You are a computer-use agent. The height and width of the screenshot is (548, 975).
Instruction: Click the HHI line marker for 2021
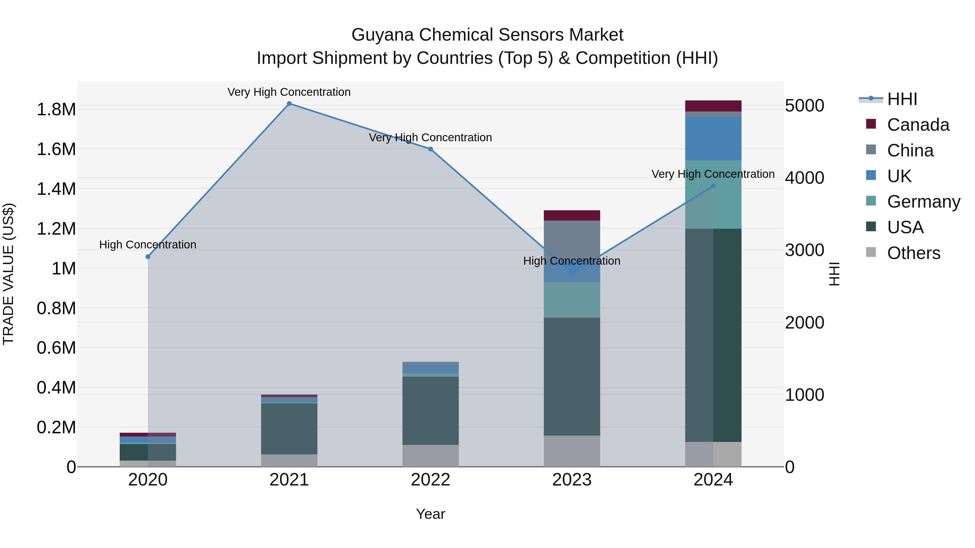tap(289, 104)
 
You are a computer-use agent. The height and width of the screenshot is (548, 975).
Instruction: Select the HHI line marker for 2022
tap(430, 149)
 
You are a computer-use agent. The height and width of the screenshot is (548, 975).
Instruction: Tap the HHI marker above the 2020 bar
tap(148, 257)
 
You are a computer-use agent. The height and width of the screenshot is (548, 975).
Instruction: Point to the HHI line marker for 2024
tap(713, 186)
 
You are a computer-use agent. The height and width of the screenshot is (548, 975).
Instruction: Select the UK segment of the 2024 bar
tap(713, 138)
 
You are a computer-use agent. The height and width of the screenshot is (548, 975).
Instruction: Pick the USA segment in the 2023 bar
tap(572, 376)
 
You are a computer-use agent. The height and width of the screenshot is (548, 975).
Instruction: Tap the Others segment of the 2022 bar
tap(430, 455)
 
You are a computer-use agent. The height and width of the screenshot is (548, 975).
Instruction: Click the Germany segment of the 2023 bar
tap(572, 300)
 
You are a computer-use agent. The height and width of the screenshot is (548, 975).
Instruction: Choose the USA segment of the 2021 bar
tap(289, 428)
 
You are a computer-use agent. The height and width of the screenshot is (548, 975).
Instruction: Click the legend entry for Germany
tap(924, 202)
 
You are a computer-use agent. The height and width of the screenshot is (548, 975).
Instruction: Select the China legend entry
tap(910, 150)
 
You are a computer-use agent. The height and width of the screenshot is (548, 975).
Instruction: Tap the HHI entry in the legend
tap(902, 99)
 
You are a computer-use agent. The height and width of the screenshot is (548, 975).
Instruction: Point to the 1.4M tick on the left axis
tap(56, 189)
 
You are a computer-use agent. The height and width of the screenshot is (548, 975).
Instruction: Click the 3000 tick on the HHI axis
tap(805, 250)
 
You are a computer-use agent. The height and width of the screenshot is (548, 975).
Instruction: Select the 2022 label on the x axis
tap(430, 480)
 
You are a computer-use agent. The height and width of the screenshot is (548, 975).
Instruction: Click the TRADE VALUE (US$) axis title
tap(8, 274)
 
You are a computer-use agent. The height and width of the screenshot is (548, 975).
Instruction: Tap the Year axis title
tap(430, 514)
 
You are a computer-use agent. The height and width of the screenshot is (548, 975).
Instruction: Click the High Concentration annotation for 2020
tap(148, 245)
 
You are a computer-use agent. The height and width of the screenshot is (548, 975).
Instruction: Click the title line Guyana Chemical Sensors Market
tap(487, 35)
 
